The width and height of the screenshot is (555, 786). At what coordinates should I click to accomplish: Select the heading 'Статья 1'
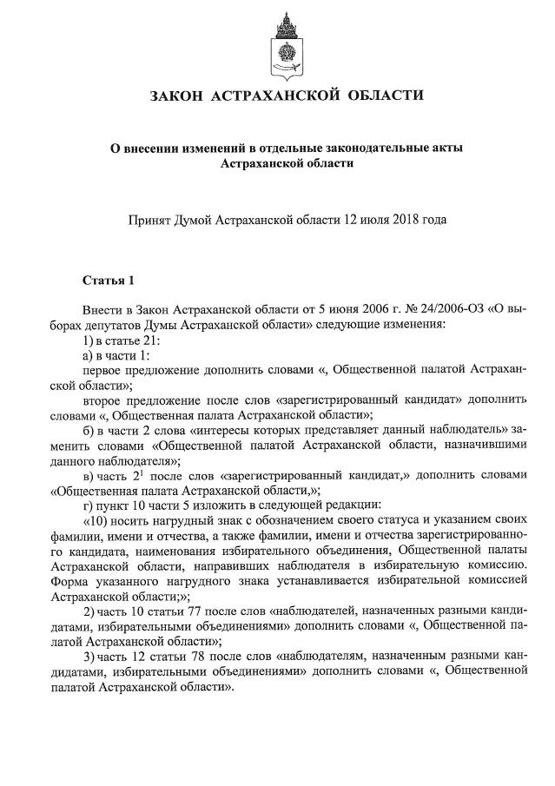click(x=109, y=280)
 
